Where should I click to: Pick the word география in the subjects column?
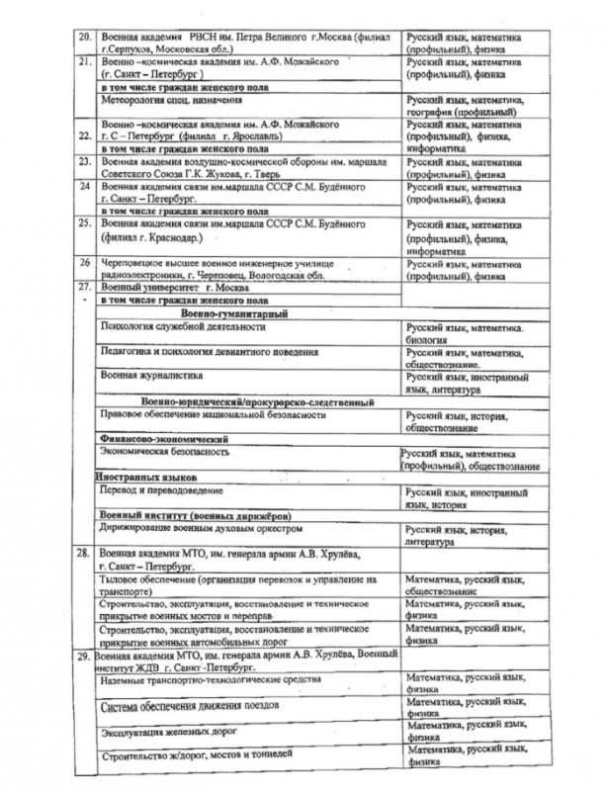point(432,113)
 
